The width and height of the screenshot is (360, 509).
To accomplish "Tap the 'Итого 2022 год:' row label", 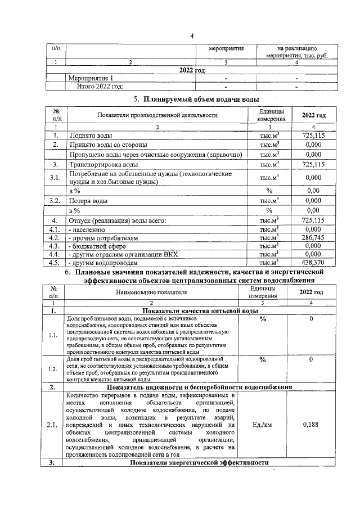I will (100, 86).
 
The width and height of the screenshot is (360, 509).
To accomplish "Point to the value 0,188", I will (310, 425).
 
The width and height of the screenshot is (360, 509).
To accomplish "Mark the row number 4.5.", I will (55, 262).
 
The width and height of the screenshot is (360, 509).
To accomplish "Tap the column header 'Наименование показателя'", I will (151, 292).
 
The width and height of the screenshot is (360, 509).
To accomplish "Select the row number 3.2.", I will (55, 200).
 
